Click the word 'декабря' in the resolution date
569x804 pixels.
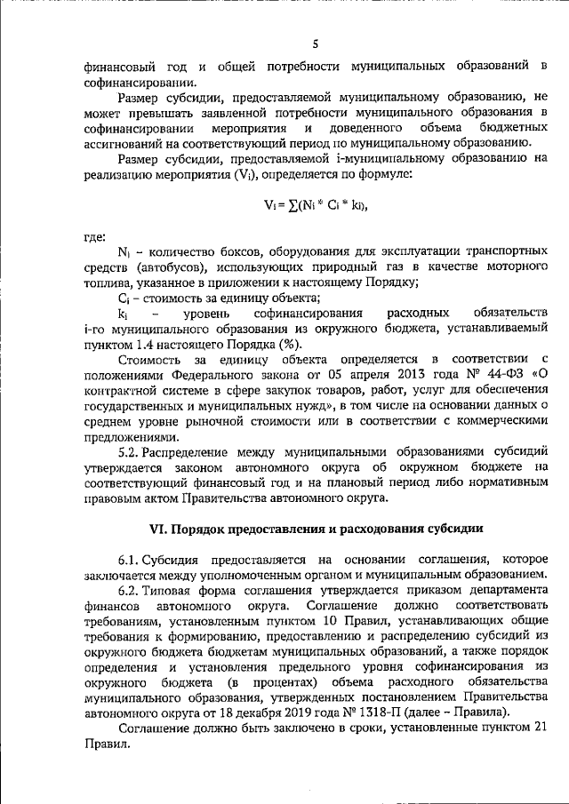pos(263,711)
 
